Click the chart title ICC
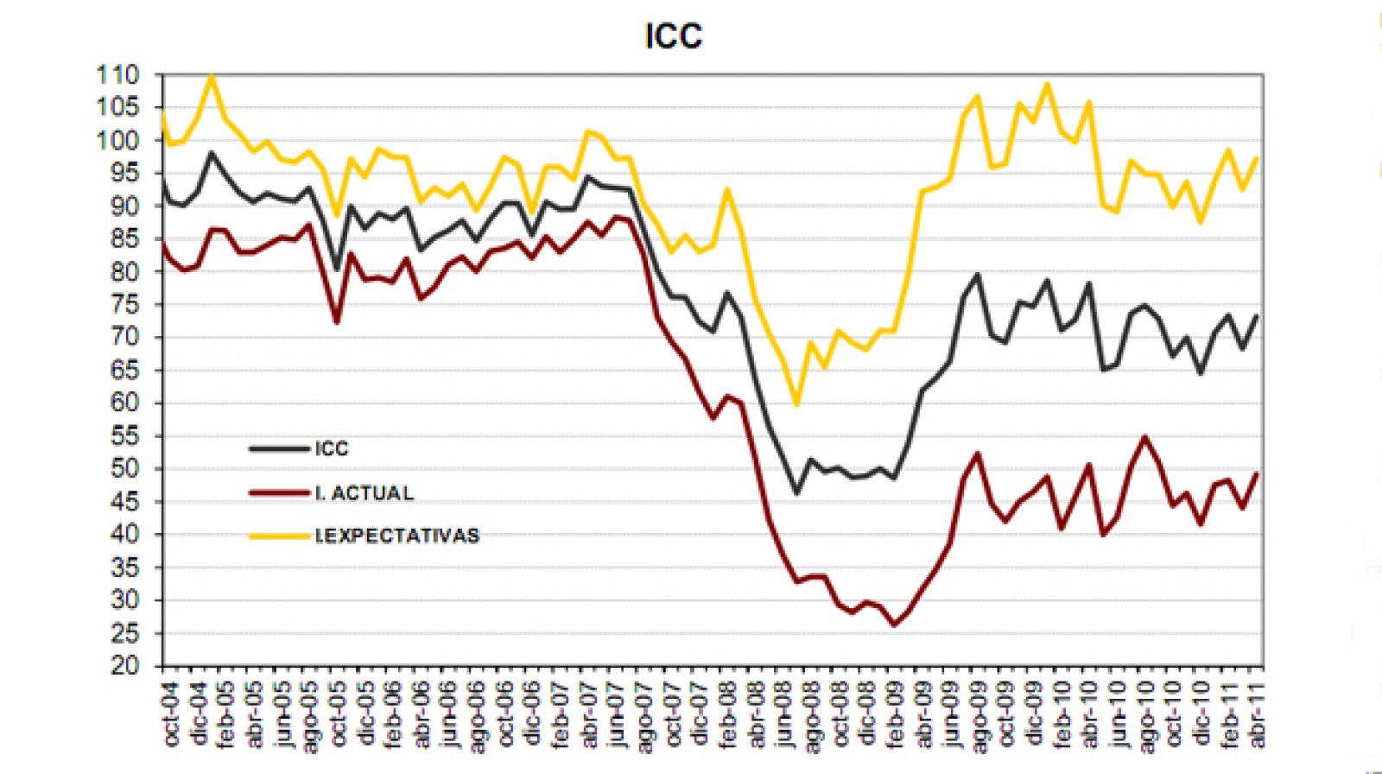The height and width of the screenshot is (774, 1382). (674, 36)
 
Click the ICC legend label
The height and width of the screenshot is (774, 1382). (332, 448)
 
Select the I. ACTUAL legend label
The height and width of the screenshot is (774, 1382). (364, 492)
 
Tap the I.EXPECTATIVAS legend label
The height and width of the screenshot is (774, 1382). (397, 536)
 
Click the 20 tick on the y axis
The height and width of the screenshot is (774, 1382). (124, 666)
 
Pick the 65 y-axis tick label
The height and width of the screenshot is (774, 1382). (124, 371)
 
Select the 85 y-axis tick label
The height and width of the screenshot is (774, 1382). (124, 239)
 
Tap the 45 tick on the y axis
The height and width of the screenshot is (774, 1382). (124, 502)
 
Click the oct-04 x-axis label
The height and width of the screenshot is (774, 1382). (169, 714)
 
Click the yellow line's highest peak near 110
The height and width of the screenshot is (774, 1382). (212, 76)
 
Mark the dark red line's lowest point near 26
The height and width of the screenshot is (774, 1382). (894, 625)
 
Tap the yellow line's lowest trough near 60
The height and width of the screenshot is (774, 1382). (796, 404)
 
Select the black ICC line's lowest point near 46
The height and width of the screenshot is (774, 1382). (796, 493)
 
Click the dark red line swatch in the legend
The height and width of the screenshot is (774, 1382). (279, 492)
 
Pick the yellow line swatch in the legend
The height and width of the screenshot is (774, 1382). (279, 536)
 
